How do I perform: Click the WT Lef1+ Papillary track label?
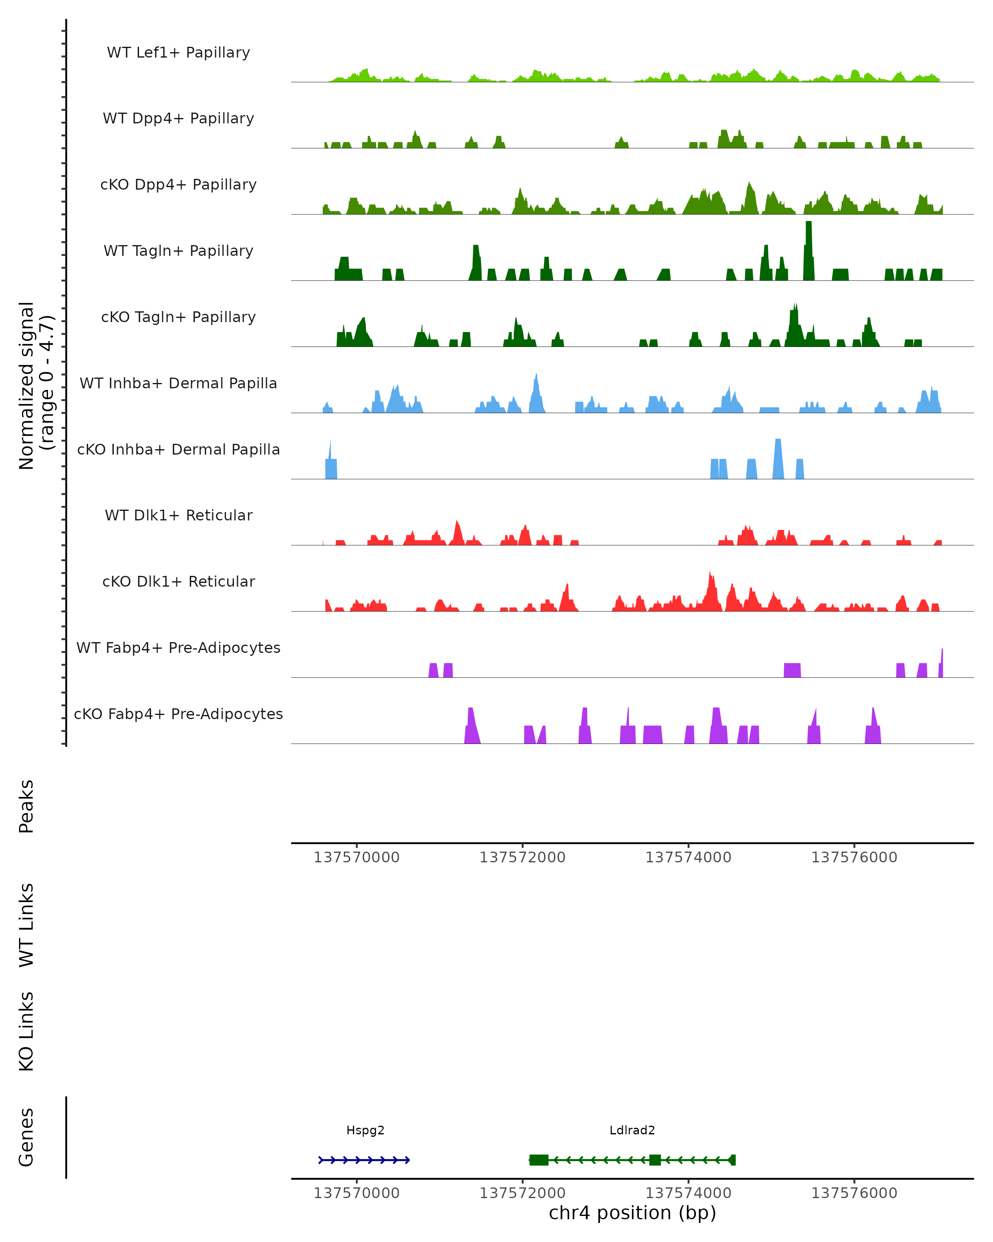(x=178, y=53)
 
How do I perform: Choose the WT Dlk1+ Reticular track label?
(x=178, y=515)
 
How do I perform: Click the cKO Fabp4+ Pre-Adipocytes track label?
(x=178, y=714)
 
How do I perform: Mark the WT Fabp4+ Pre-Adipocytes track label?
(x=178, y=647)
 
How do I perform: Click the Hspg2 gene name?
(x=365, y=1130)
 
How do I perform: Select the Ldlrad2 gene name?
(x=632, y=1130)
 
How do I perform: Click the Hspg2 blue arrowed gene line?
(x=364, y=1160)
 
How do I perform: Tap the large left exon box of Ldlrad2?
(x=539, y=1160)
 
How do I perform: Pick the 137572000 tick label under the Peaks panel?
(x=522, y=857)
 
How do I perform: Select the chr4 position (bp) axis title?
(x=632, y=1213)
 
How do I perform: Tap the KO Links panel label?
(x=26, y=1031)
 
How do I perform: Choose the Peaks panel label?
(x=26, y=806)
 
